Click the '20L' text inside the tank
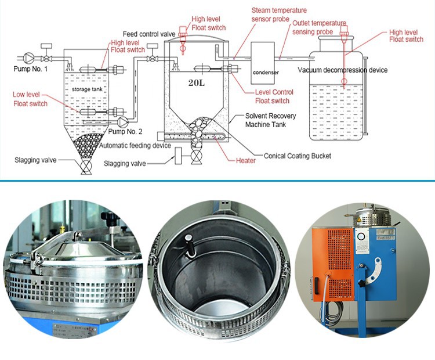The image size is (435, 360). point(196,82)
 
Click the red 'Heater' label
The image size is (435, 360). point(245,161)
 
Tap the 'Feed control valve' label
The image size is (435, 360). point(148,34)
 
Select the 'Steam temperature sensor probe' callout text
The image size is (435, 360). point(279,15)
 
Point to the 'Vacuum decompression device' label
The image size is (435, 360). point(343,70)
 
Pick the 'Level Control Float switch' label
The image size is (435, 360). point(274,96)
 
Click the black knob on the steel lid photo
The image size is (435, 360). point(110,218)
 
